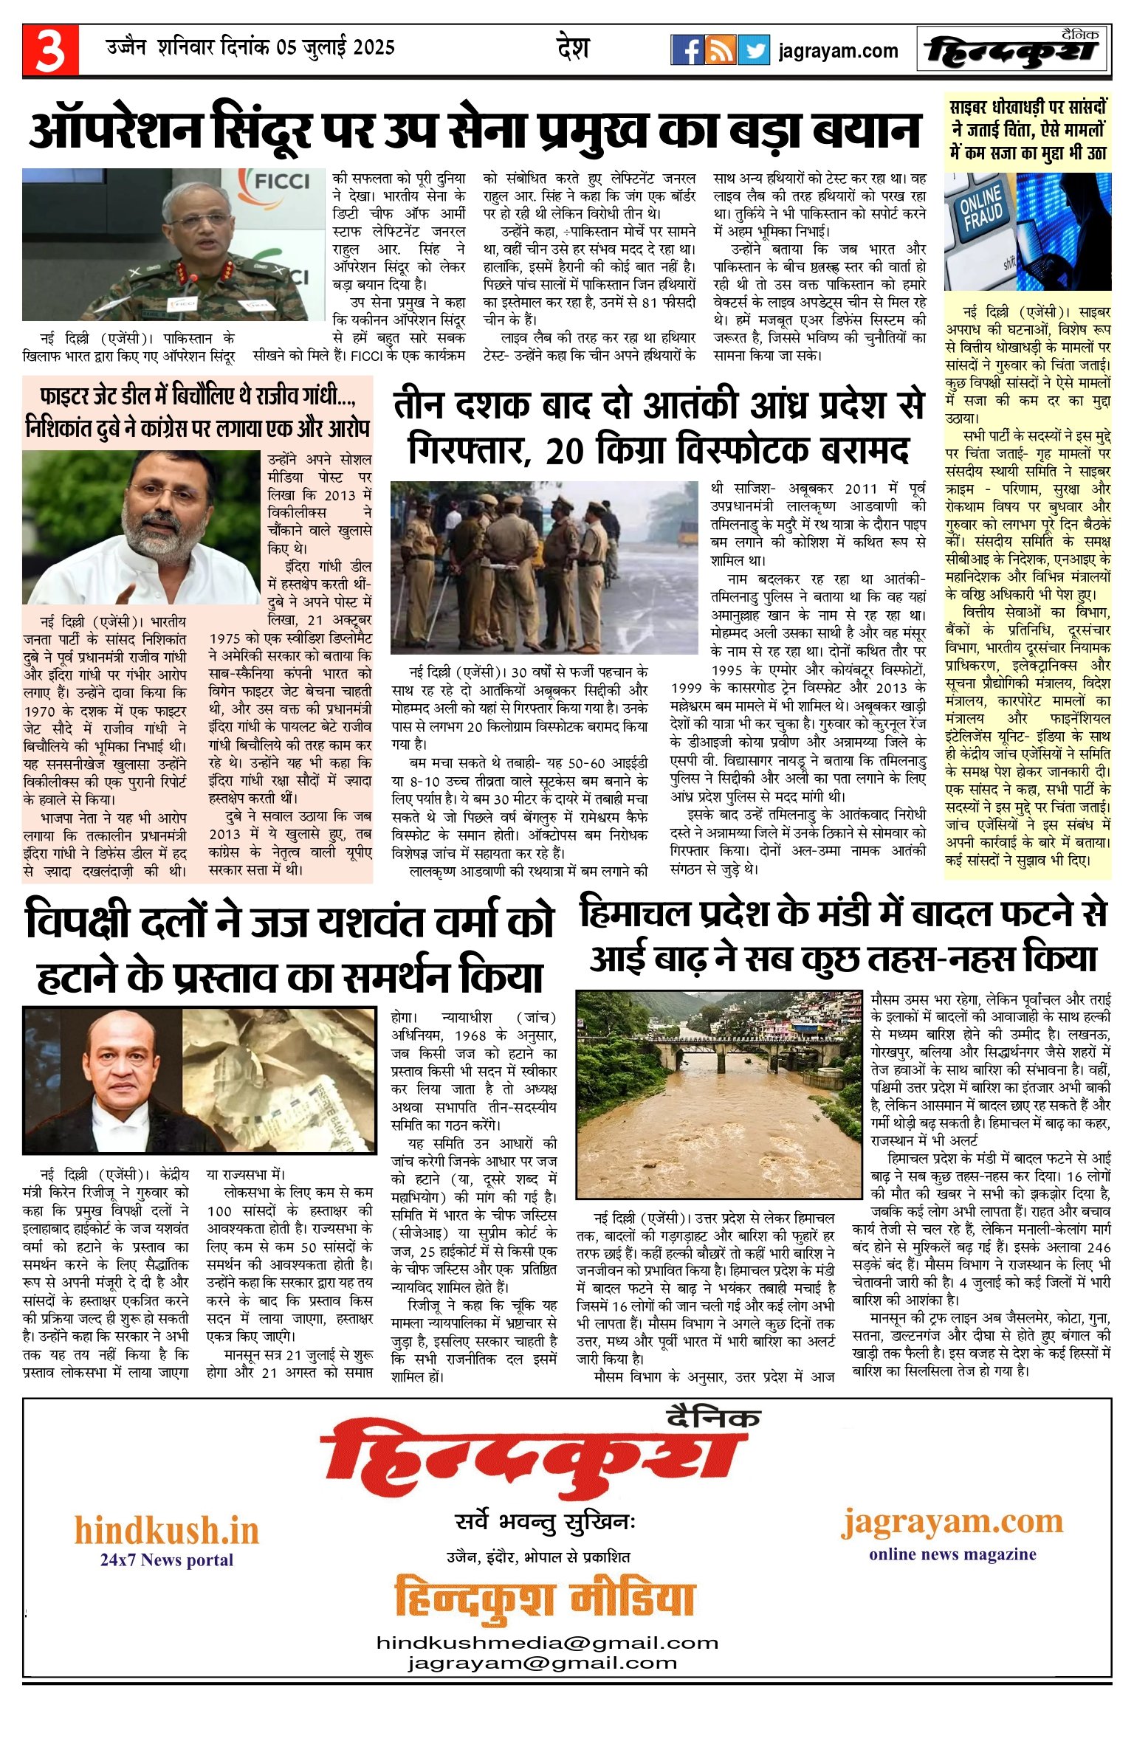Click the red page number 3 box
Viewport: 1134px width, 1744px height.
point(50,50)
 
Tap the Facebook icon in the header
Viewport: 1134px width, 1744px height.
point(687,50)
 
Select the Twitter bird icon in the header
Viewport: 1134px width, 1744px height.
point(754,50)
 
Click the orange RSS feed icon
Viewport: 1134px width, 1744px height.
point(721,50)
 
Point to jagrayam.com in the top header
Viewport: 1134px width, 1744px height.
point(838,51)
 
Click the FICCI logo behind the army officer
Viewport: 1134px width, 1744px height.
point(281,182)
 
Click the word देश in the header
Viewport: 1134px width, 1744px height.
point(573,49)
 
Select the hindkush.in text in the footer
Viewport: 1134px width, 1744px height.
point(167,1531)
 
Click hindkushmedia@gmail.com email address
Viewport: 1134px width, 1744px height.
point(547,1643)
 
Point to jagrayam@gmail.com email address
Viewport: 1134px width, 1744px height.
point(542,1663)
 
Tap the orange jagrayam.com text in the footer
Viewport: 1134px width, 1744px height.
point(952,1521)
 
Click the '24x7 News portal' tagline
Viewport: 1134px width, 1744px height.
point(167,1560)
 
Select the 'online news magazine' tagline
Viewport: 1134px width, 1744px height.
point(952,1554)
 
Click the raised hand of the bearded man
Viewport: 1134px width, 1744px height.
point(133,589)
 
